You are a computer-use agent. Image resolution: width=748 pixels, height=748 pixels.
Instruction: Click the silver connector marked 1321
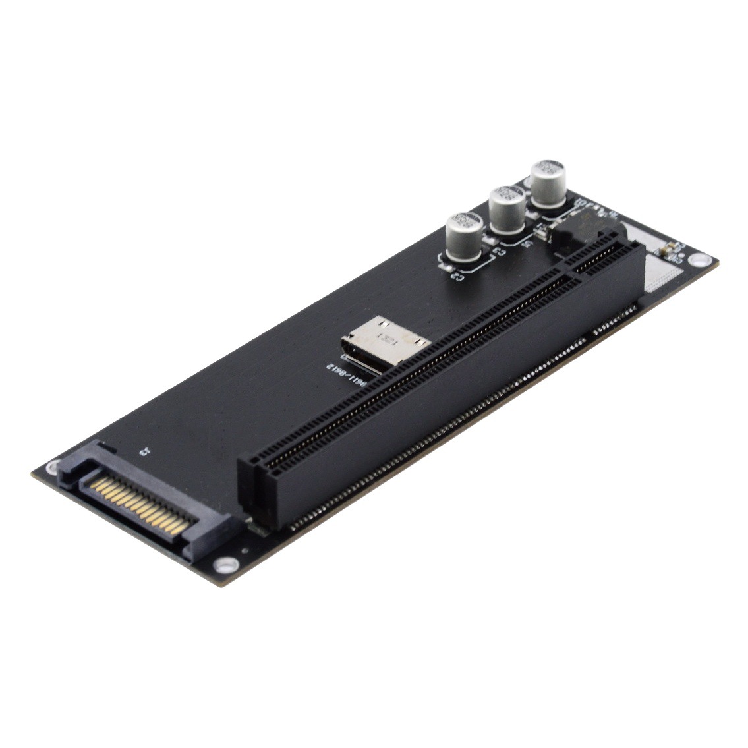[386, 343]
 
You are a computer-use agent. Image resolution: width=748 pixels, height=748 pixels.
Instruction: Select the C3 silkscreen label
[500, 251]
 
